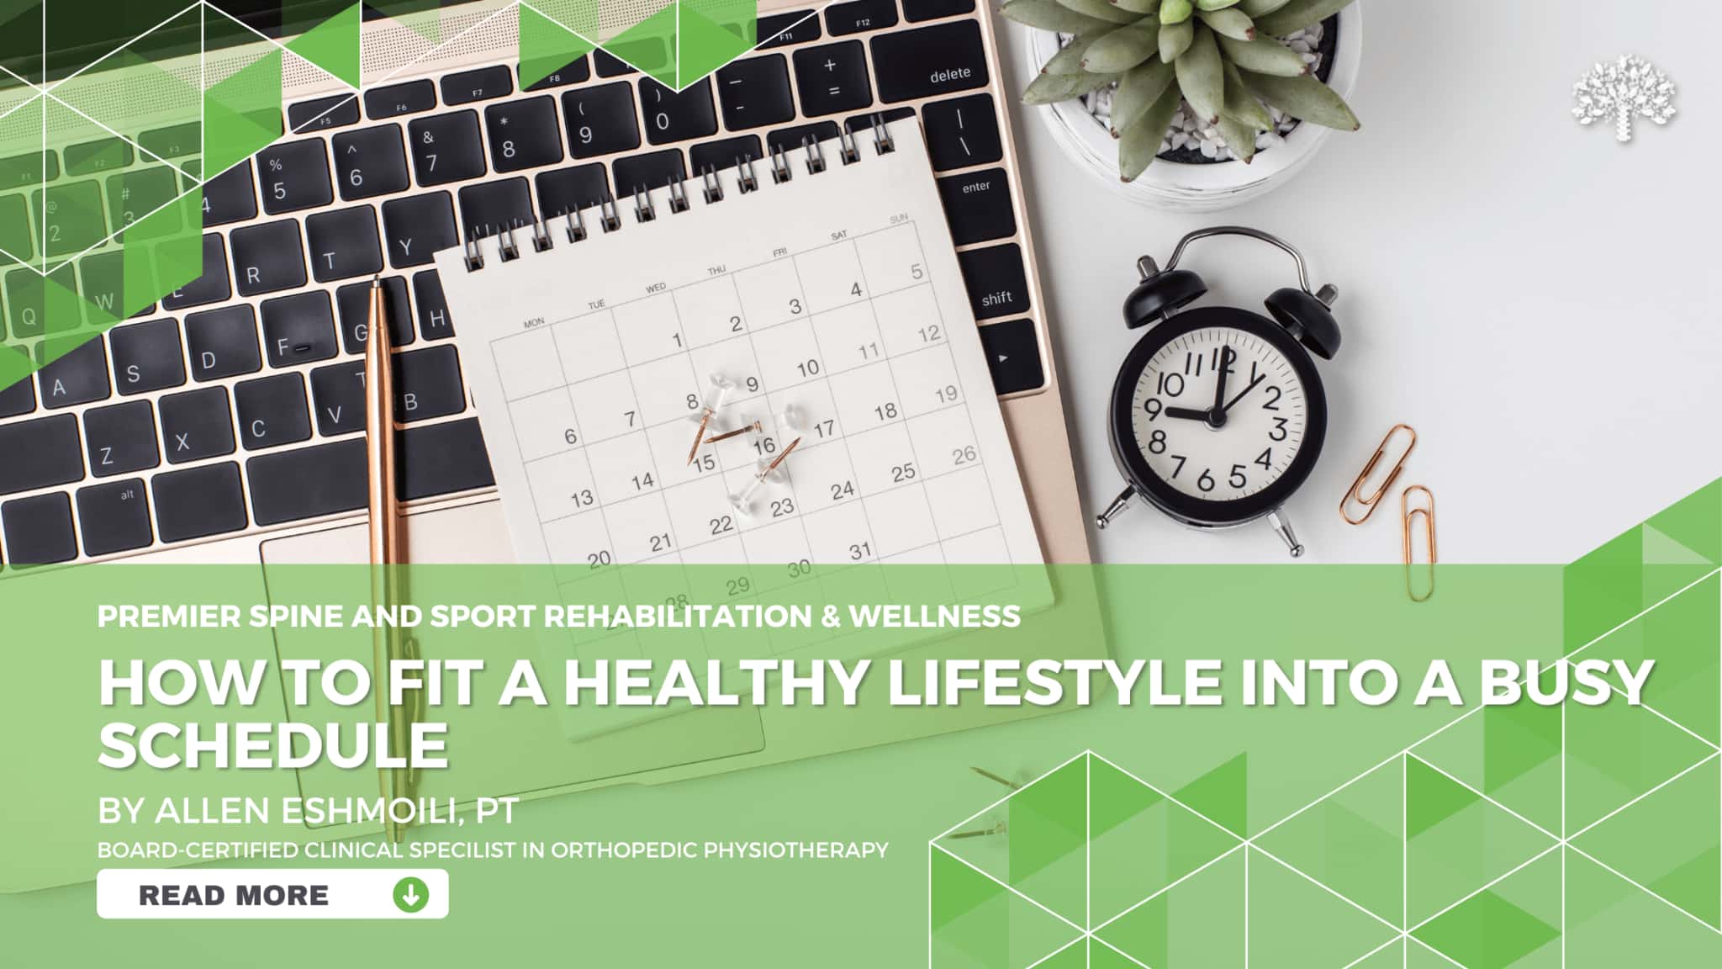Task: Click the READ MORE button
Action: point(272,894)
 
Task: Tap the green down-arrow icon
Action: point(410,894)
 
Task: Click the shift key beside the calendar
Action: point(998,296)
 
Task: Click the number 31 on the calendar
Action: point(859,552)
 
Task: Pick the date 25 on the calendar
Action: point(903,473)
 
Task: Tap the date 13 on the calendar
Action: point(582,498)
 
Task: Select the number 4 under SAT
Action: point(855,289)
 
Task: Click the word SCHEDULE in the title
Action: point(273,744)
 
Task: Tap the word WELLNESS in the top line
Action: point(935,616)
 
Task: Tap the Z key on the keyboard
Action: point(106,457)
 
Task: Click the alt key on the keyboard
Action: point(126,495)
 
